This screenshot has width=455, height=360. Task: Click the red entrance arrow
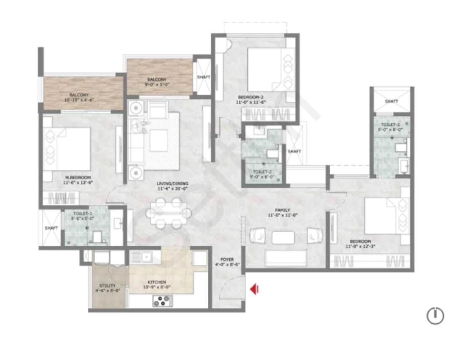click(x=254, y=289)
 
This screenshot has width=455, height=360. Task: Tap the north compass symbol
click(x=435, y=315)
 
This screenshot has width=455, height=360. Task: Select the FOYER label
click(x=227, y=259)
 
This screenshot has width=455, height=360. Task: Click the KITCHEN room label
click(x=157, y=282)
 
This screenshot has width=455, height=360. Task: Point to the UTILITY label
click(x=107, y=285)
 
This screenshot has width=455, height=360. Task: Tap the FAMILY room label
click(x=283, y=210)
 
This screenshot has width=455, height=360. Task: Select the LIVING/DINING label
click(x=172, y=184)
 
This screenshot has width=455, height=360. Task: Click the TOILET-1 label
click(x=81, y=213)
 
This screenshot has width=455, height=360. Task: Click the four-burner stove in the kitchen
click(x=163, y=301)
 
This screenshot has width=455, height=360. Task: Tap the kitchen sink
click(x=145, y=256)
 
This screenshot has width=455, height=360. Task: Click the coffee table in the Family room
click(x=283, y=237)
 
